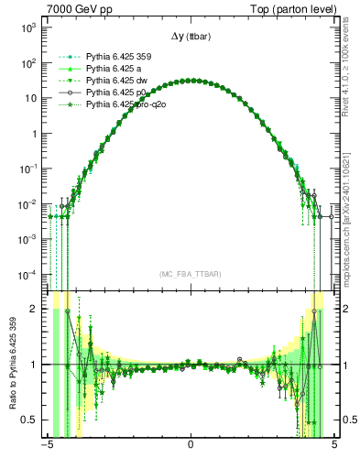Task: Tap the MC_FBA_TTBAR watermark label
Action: click(x=190, y=274)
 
